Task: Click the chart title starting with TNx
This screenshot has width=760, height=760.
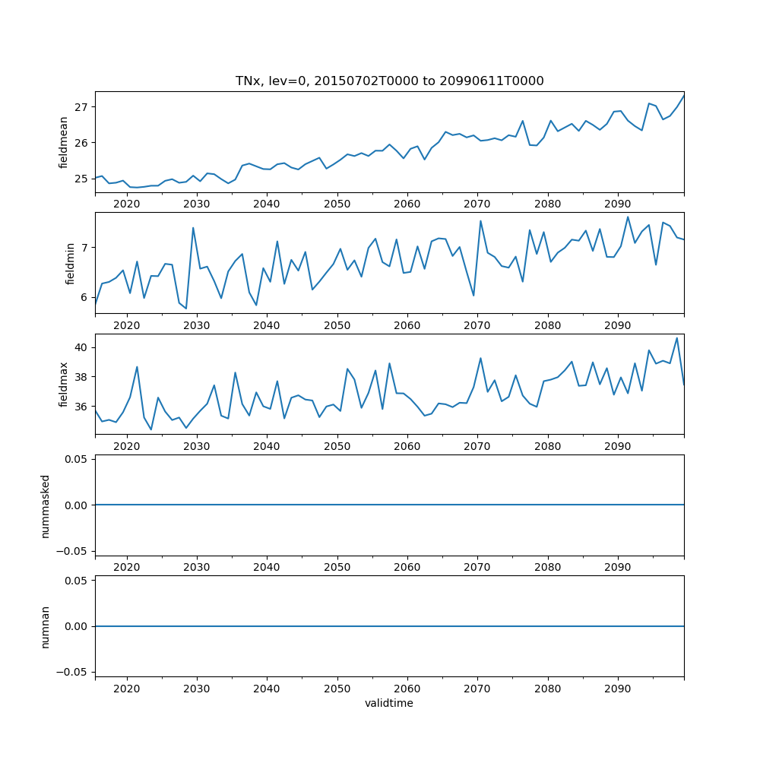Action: click(x=389, y=81)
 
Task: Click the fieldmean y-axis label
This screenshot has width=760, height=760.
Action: click(x=64, y=143)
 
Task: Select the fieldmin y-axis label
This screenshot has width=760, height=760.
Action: click(x=70, y=264)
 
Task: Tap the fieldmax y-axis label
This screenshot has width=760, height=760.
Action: click(x=64, y=385)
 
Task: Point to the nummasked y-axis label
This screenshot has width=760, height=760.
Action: click(x=45, y=505)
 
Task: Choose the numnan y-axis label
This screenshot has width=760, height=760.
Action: click(x=45, y=626)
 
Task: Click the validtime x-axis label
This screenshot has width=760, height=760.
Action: click(x=389, y=704)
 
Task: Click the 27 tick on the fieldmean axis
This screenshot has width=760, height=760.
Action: click(x=81, y=106)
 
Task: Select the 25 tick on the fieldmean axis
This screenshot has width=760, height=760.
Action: click(x=81, y=179)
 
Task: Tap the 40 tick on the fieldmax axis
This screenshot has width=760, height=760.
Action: click(x=81, y=347)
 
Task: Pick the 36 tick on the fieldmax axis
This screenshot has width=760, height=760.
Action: click(x=81, y=407)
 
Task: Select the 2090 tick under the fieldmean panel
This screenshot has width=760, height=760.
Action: click(x=617, y=204)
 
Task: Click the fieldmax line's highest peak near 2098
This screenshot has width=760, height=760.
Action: click(x=677, y=337)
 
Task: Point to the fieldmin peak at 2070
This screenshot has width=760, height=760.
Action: click(x=480, y=220)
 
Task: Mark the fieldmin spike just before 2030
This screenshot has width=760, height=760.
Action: click(x=193, y=227)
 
